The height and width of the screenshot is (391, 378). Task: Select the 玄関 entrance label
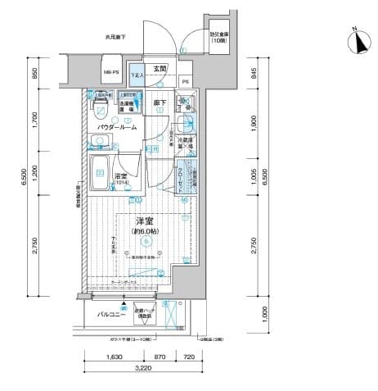coord(159,69)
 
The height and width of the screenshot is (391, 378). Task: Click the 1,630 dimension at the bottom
coord(115,357)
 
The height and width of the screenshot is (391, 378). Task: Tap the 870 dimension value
coord(160,357)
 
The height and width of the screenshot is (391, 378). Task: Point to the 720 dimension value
coord(188,357)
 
